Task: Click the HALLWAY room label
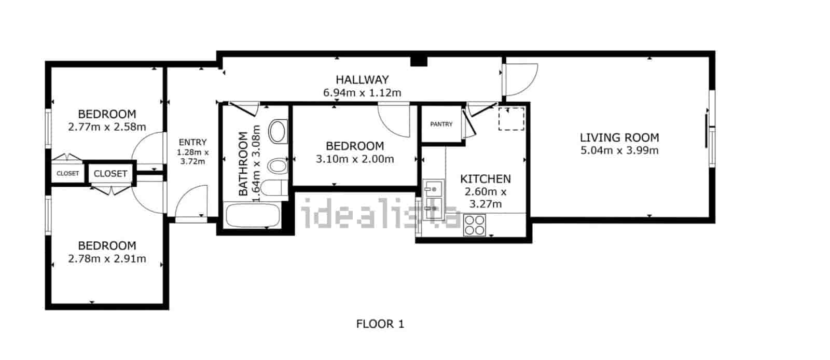[x=362, y=80]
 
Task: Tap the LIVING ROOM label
[x=619, y=138]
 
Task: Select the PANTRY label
[x=441, y=124]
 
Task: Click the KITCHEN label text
[x=486, y=179]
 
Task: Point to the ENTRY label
[x=192, y=142]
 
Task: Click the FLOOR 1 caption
[x=380, y=324]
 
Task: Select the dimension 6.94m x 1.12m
[x=362, y=92]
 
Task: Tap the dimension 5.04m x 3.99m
[x=619, y=150]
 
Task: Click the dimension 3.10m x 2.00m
[x=355, y=159]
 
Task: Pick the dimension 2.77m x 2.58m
[x=107, y=127]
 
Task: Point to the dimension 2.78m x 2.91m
[x=107, y=258]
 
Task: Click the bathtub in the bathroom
[x=253, y=215]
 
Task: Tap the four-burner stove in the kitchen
[x=475, y=225]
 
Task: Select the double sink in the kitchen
[x=433, y=200]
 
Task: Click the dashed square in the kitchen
[x=511, y=119]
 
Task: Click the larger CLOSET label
[x=110, y=174]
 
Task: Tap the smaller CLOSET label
[x=68, y=173]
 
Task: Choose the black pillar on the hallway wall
[x=419, y=62]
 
